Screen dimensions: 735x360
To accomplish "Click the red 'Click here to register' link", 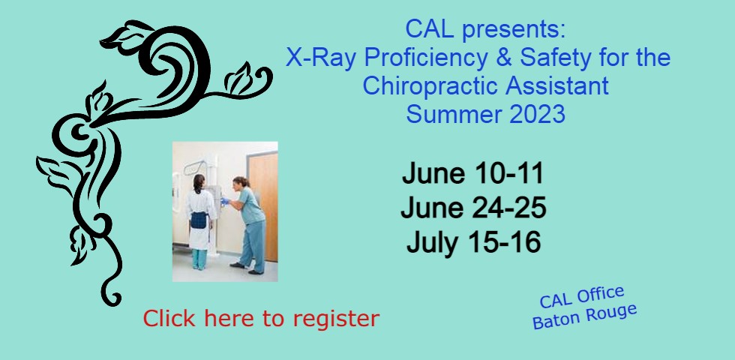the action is click(x=261, y=318).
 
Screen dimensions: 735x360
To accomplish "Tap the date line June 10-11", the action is click(x=472, y=173).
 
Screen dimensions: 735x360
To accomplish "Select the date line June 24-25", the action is click(x=473, y=208).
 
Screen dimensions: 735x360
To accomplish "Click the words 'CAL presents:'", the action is click(x=486, y=29).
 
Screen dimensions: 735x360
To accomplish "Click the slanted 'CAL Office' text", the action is click(x=582, y=298).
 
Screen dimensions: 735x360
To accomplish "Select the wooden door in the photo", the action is click(x=263, y=206).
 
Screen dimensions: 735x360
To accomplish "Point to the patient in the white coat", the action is click(x=199, y=222).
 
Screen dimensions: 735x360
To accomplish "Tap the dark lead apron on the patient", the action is click(x=199, y=220).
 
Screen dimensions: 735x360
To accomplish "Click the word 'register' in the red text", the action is click(x=336, y=319).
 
